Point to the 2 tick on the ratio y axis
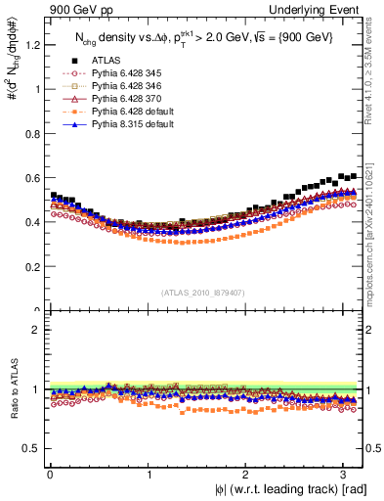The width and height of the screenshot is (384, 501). pyautogui.click(x=36, y=330)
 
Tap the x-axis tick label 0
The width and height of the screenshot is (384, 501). pyautogui.click(x=50, y=474)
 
